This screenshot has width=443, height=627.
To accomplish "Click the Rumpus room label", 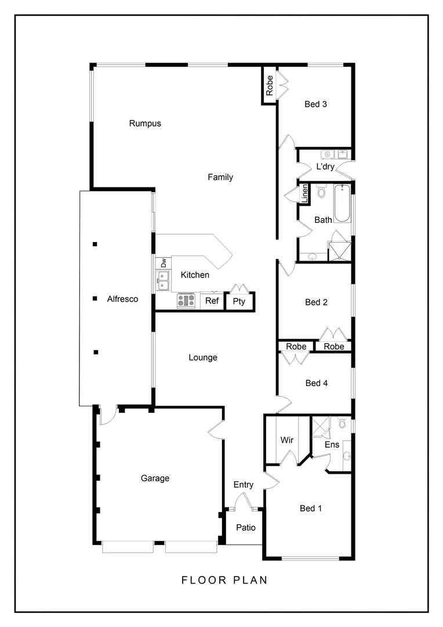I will coord(145,123).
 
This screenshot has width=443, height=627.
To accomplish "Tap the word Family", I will coord(220,177).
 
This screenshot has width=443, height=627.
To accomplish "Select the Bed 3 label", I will coord(316,105).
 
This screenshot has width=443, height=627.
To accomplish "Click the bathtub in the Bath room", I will coord(342,203).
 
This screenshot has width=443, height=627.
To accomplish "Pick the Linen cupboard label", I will coord(304,193).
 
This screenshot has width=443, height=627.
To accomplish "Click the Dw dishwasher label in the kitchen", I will coord(164,262).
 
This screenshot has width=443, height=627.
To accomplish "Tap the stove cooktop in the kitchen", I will coord(186,300).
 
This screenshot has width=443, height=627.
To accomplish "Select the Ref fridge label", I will coord(212,301).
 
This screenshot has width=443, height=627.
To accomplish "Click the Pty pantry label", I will coord(239,301).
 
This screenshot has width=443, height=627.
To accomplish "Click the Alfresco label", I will coord(122,299).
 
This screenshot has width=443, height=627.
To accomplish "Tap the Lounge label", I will coord(203,358).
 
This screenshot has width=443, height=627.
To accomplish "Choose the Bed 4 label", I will coord(316,383).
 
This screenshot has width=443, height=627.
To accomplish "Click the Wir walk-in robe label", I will coord(287,440).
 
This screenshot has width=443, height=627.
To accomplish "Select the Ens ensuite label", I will coord(332,445).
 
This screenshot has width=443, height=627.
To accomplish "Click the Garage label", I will coord(155,478).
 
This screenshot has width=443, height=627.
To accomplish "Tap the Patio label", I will coord(246,528).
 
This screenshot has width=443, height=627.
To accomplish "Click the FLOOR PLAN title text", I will coord(224,580).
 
